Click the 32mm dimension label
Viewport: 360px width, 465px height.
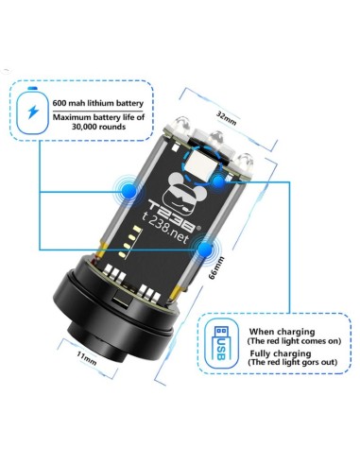(226, 118)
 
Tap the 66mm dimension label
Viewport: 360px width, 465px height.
(216, 267)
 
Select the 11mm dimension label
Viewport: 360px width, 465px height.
(87, 358)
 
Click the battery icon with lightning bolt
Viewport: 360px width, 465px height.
(32, 111)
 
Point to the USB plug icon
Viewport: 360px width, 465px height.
(221, 343)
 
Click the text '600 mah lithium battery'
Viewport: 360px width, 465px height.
(98, 103)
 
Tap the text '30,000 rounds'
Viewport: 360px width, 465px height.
(98, 127)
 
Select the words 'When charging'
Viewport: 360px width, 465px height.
(282, 332)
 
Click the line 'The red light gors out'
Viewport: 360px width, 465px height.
(293, 362)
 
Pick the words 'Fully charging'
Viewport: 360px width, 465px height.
(281, 353)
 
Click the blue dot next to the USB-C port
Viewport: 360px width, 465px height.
(218, 181)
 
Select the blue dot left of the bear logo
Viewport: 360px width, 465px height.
(129, 190)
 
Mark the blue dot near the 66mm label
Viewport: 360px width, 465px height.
(205, 250)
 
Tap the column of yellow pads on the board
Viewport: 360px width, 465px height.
(129, 241)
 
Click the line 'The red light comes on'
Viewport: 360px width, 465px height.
(294, 341)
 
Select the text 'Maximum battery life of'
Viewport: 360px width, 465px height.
(98, 117)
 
